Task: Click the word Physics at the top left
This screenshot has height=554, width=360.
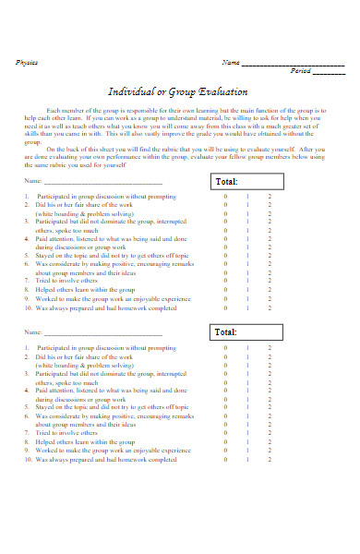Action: [x=28, y=62]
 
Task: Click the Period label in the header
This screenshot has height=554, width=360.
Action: [x=300, y=71]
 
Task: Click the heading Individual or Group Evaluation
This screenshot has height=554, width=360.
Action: [x=179, y=92]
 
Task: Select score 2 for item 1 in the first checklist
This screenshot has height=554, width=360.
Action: [x=270, y=198]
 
